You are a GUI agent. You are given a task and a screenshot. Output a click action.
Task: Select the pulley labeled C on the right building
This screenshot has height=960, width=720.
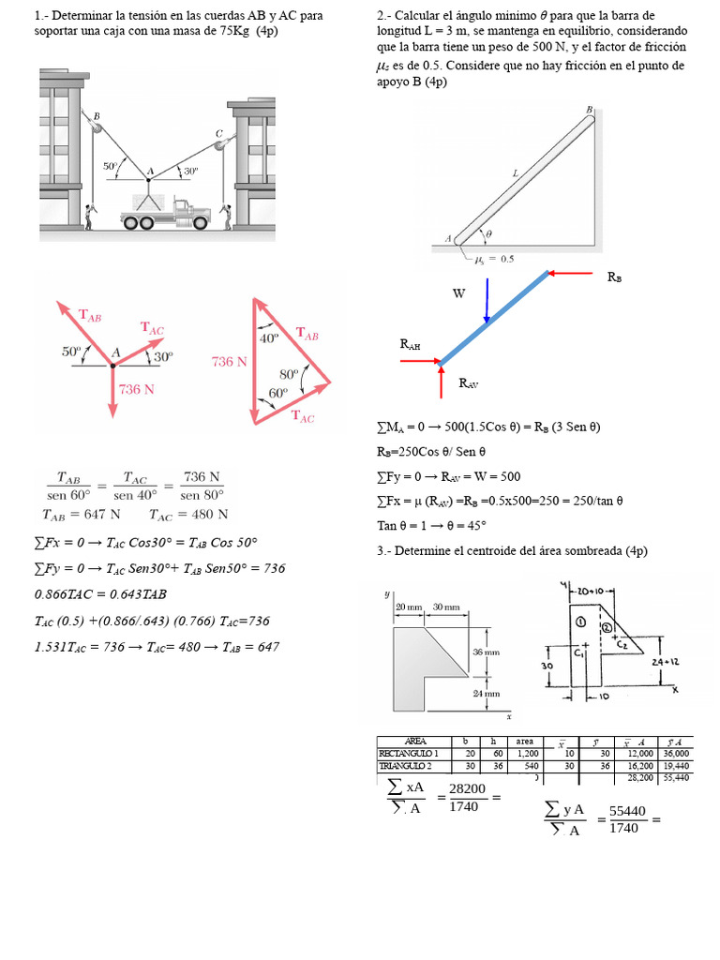220,143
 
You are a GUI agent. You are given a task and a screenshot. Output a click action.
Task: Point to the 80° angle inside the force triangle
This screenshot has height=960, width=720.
288,372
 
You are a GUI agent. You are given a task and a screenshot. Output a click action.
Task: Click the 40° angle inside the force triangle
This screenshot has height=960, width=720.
268,337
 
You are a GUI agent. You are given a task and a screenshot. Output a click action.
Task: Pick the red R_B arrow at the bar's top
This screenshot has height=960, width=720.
571,274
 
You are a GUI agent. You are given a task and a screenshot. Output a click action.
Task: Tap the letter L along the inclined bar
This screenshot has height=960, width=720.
515,172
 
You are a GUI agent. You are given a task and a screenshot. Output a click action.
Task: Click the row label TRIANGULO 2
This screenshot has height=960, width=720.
410,764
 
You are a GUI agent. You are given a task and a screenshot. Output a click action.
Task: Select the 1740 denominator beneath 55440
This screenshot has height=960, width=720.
623,828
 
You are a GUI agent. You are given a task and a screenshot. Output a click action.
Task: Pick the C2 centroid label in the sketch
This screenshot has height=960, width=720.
622,645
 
